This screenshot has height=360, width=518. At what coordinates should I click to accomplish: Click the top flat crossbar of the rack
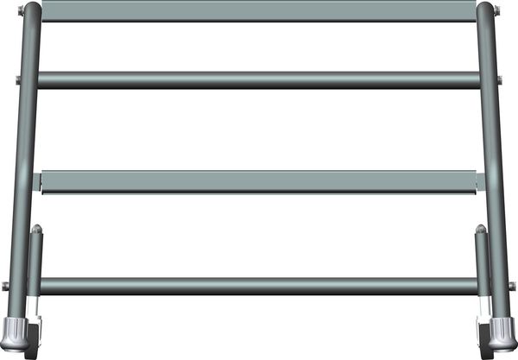pyautogui.click(x=259, y=11)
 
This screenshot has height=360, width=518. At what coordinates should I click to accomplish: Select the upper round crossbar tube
pyautogui.click(x=259, y=80)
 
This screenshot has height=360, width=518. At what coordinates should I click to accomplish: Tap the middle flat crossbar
pyautogui.click(x=259, y=181)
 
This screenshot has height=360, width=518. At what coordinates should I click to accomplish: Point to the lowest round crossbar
pyautogui.click(x=259, y=286)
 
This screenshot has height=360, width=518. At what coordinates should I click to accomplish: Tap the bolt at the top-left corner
pyautogui.click(x=19, y=11)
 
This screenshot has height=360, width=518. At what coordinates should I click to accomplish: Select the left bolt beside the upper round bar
pyautogui.click(x=16, y=81)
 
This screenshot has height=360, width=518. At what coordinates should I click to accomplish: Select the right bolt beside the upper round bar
pyautogui.click(x=500, y=81)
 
